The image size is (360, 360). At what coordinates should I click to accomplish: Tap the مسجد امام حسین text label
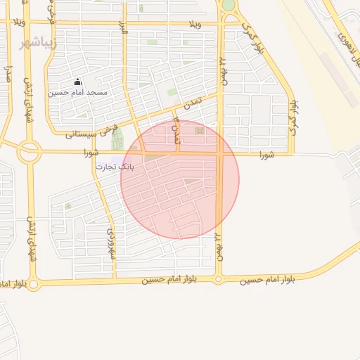point(78,93)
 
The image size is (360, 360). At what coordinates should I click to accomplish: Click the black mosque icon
point(78,83)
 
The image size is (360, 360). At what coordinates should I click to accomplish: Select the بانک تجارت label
point(114,167)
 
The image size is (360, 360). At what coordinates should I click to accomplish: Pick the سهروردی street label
point(110,243)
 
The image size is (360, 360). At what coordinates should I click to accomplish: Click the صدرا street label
point(8,75)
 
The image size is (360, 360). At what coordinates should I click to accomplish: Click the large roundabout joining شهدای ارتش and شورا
point(30,151)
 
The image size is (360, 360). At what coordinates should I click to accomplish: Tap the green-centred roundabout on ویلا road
point(229,5)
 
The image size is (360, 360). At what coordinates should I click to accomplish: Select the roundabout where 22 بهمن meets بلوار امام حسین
point(218,280)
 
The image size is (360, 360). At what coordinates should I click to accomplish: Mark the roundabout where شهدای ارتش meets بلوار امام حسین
point(32,283)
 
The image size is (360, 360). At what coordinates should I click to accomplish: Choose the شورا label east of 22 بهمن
point(265,154)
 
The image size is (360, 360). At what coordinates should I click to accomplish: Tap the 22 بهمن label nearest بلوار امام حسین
point(218,247)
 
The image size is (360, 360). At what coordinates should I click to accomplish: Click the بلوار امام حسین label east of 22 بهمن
point(268,279)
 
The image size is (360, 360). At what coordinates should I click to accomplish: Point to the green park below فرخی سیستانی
point(117,139)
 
